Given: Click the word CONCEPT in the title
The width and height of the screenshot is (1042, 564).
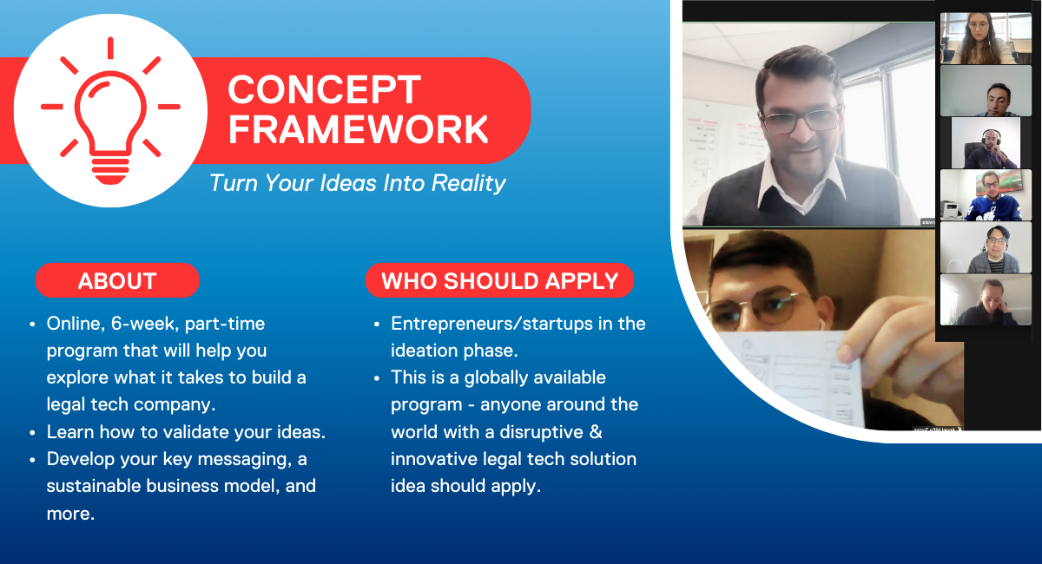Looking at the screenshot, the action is pyautogui.click(x=324, y=89).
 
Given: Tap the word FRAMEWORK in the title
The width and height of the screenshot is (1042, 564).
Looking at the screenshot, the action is pyautogui.click(x=358, y=130).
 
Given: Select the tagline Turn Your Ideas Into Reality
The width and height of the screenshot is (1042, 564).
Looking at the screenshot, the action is pyautogui.click(x=357, y=183).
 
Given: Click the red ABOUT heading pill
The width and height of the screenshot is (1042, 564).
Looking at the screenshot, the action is pyautogui.click(x=118, y=280).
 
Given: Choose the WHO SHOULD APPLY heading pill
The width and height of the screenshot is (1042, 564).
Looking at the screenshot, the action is pyautogui.click(x=500, y=280).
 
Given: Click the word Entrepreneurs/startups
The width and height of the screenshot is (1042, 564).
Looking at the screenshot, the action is pyautogui.click(x=491, y=324).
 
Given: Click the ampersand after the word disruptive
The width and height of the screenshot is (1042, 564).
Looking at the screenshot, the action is pyautogui.click(x=596, y=432).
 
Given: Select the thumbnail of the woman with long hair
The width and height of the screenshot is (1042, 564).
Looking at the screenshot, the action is pyautogui.click(x=986, y=38).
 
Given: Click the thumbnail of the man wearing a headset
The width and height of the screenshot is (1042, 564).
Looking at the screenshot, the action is pyautogui.click(x=986, y=143).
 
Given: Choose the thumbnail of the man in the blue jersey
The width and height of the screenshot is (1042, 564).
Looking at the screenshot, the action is pyautogui.click(x=986, y=195).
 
